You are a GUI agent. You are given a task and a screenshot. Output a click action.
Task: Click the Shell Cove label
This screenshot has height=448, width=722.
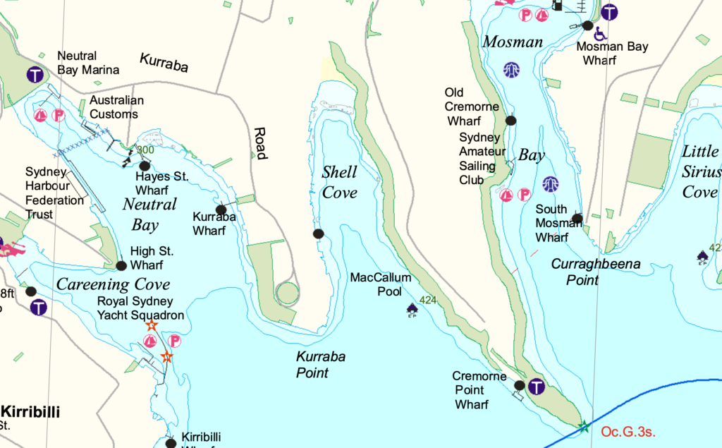(x=339, y=182)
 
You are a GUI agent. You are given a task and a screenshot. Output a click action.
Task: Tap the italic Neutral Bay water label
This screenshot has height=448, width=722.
(x=149, y=214)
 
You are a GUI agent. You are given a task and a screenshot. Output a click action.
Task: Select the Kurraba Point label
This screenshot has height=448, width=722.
(x=320, y=365)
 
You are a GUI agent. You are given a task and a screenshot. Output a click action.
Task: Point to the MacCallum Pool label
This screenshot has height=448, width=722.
(x=377, y=284)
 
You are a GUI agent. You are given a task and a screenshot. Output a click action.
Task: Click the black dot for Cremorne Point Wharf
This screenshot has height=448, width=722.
(x=520, y=385)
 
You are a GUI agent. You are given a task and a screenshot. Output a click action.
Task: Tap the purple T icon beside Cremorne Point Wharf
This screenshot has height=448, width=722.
(x=537, y=387)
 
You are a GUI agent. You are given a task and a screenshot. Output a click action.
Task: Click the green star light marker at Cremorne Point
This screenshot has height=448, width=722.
(x=583, y=426)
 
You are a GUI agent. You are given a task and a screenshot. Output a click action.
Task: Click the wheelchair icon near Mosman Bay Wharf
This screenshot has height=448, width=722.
(x=600, y=34)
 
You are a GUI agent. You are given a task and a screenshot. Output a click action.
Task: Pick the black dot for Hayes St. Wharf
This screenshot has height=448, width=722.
(x=145, y=166)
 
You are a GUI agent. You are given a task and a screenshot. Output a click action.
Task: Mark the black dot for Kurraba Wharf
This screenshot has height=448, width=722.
(x=221, y=210)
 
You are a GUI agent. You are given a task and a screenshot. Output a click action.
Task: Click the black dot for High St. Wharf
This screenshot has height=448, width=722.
(x=121, y=266)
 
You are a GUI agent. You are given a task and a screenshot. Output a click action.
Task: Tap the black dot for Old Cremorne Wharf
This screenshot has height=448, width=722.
(x=511, y=121)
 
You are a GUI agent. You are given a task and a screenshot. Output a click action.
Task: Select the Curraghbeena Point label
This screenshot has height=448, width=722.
(x=595, y=272)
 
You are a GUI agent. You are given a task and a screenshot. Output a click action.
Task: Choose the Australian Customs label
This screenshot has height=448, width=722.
(x=116, y=107)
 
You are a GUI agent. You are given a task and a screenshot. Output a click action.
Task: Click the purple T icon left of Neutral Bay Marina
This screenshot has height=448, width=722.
(x=35, y=74)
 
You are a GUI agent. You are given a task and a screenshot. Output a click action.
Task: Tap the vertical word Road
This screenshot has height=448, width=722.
(x=259, y=143)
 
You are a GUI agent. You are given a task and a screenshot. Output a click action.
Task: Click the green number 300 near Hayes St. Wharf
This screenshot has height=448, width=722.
(x=145, y=150)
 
